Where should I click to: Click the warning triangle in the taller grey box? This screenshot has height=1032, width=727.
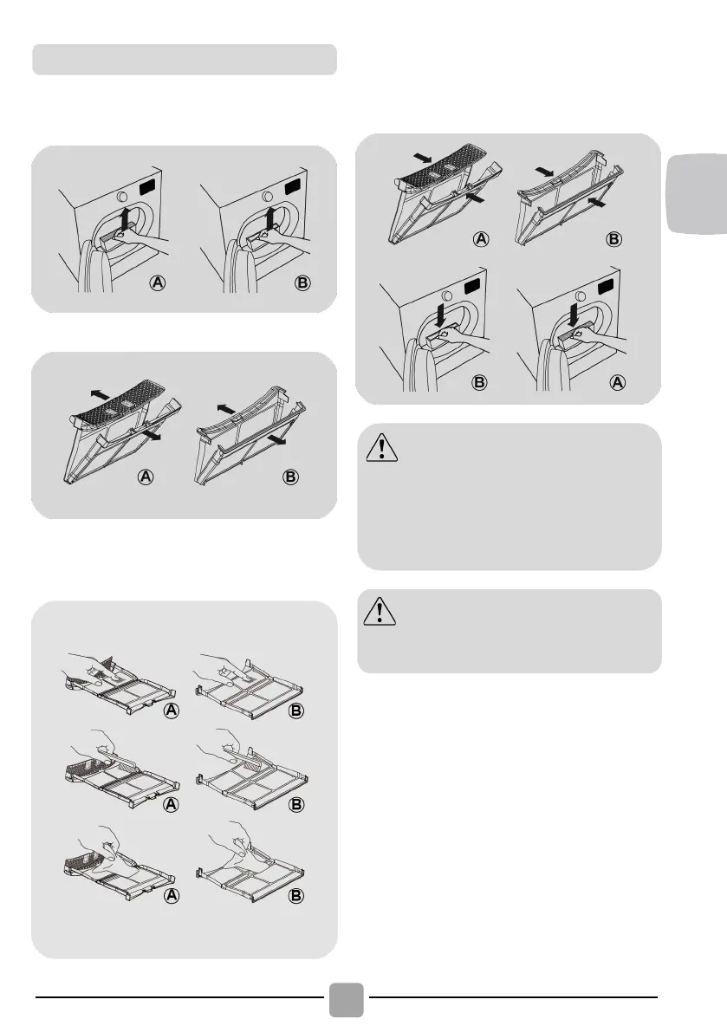coord(381,448)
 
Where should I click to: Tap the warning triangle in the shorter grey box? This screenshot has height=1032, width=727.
coord(380,611)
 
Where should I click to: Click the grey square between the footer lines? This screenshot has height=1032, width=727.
coord(346,1000)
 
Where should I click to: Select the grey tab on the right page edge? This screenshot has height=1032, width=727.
coord(698,193)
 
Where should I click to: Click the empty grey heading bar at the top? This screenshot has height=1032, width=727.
coord(185,59)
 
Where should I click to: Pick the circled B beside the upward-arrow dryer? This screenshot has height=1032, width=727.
coord(302,283)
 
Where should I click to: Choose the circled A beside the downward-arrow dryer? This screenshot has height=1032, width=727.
coord(617,382)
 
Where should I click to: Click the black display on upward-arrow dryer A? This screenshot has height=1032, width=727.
coord(149,187)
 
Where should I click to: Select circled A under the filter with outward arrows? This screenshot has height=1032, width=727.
coord(146,477)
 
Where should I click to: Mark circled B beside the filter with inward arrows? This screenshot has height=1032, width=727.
coord(613,239)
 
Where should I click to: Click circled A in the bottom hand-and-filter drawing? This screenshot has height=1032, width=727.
coord(171,896)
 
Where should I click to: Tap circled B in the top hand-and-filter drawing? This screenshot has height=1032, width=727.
coord(296,711)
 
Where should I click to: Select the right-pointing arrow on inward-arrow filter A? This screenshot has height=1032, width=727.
coord(422,159)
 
